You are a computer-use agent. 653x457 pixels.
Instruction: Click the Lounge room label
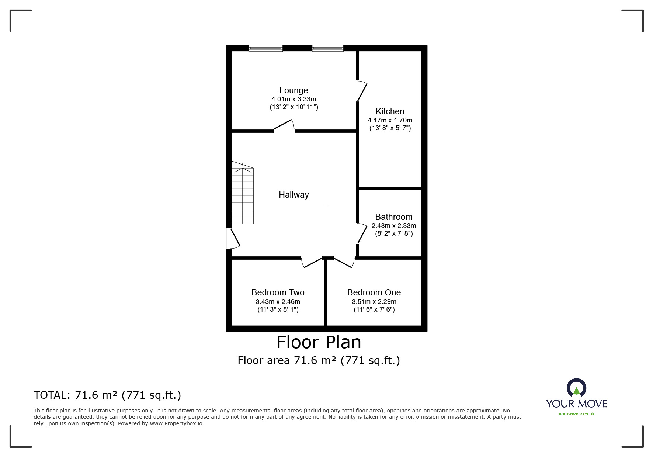click(293, 90)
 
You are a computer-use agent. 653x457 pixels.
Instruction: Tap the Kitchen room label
click(390, 111)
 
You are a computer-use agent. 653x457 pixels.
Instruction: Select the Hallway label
click(293, 195)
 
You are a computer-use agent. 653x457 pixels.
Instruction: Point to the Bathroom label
click(393, 217)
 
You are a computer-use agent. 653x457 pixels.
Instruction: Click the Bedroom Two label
click(278, 292)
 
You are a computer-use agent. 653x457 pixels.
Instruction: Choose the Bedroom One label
click(374, 292)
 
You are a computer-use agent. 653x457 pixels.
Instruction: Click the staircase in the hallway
click(242, 193)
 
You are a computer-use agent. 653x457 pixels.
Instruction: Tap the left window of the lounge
click(265, 48)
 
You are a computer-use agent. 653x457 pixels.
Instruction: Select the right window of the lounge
click(328, 48)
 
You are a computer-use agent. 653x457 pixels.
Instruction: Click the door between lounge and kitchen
click(362, 91)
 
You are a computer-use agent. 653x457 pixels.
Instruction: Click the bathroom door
click(362, 233)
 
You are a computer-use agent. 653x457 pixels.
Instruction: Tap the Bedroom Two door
click(312, 262)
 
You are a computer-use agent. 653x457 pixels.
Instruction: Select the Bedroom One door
click(344, 262)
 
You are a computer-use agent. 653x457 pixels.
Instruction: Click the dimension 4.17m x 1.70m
click(390, 120)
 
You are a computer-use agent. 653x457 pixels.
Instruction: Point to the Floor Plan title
click(319, 342)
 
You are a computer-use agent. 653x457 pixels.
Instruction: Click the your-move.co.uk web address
click(577, 414)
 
